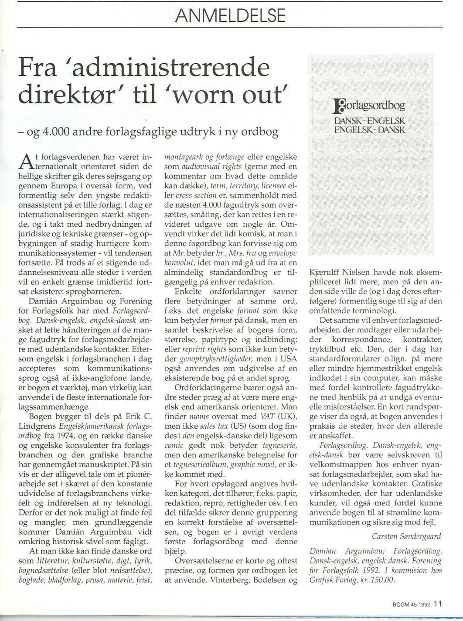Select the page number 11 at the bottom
(x=438, y=604)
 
